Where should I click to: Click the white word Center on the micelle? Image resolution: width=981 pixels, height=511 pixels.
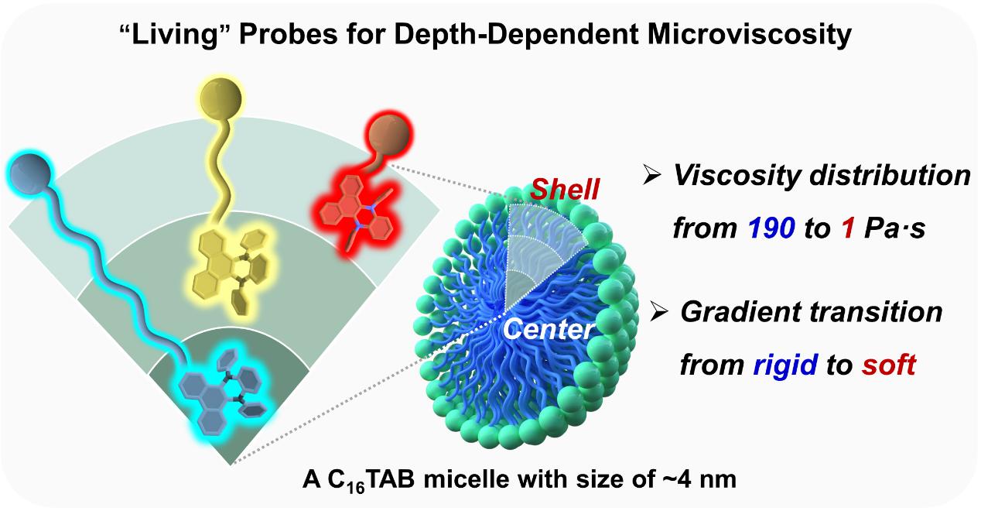pos(548,331)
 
